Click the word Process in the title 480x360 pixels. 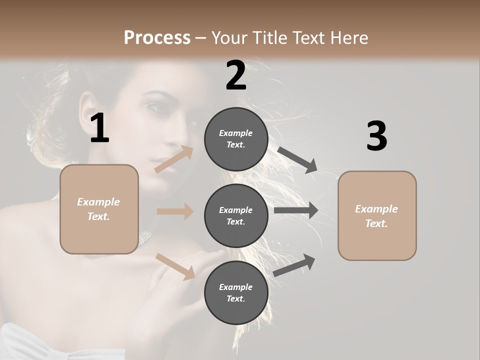[157, 38]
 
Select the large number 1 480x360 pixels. [99, 128]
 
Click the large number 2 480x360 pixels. [236, 75]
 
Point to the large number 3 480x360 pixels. [376, 136]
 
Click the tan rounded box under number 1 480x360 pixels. [99, 209]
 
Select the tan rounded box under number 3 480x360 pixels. [377, 216]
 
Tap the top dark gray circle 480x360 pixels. [236, 139]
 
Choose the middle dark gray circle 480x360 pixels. [236, 216]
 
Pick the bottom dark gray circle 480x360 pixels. [236, 293]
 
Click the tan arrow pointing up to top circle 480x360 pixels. [174, 159]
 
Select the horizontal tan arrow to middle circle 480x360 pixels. [175, 211]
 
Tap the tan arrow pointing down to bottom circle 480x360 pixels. [175, 266]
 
